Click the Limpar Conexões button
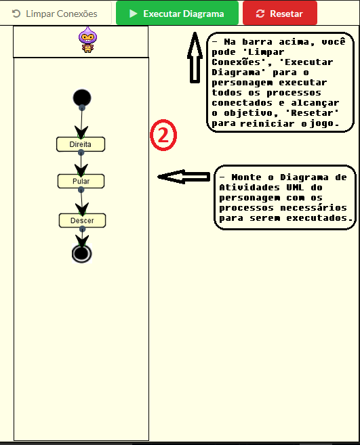[56, 13]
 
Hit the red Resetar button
[279, 13]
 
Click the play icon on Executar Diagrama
[134, 14]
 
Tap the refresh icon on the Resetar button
[260, 14]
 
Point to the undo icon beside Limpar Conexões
[16, 14]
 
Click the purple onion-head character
[87, 40]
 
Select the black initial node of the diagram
[82, 98]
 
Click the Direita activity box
[81, 144]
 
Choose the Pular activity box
[81, 182]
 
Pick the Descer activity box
[82, 220]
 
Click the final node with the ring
[82, 253]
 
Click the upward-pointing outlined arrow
[195, 59]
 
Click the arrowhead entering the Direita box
[81, 132]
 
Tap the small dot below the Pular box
[81, 190]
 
